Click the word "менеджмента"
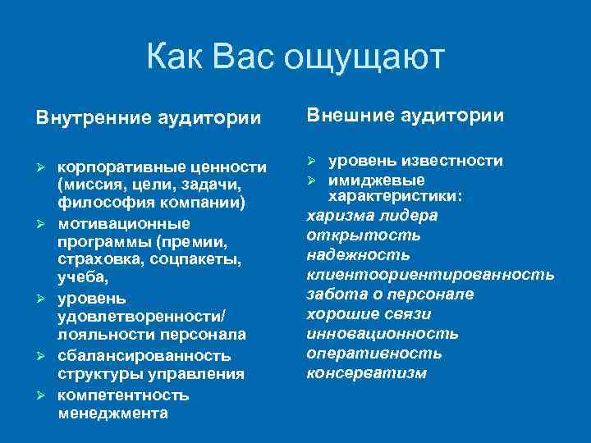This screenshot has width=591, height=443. point(113,413)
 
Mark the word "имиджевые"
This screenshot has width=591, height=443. point(377,180)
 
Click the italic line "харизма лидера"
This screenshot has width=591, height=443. point(372,216)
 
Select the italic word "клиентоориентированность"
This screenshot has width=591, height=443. point(430,274)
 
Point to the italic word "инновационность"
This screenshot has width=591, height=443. point(383,334)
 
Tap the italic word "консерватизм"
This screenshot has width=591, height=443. point(366,373)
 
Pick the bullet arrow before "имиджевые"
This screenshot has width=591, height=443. point(312,180)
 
